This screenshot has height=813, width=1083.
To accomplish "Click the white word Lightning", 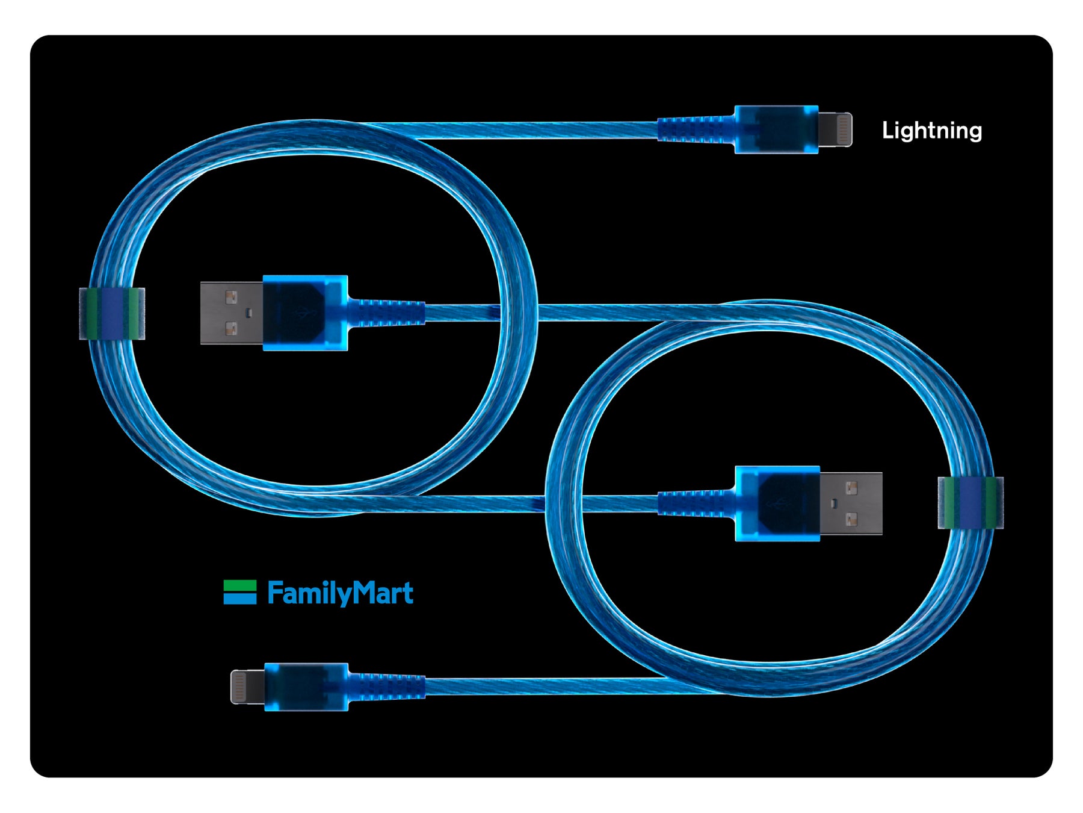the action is (931, 131).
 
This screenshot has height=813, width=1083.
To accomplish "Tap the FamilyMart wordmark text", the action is (340, 593).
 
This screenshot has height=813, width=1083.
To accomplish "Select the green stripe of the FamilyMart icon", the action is (239, 585).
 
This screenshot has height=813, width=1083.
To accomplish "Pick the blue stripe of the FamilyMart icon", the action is (239, 598).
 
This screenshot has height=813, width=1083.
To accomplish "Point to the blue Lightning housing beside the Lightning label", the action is (776, 129).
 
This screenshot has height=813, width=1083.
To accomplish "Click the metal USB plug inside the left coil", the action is (232, 313).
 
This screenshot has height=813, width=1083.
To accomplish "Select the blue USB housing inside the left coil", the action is (305, 313).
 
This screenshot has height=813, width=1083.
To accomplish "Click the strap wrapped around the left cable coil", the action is (112, 314).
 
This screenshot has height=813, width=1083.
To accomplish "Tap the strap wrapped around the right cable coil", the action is (970, 503).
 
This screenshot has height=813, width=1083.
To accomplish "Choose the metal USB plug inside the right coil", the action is (851, 503).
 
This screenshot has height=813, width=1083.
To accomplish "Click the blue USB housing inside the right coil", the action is (777, 503).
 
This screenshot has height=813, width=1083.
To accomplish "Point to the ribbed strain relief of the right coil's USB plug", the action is (696, 503).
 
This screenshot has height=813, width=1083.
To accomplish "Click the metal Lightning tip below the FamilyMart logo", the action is (247, 687).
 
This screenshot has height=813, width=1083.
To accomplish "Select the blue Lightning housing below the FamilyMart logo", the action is (306, 687).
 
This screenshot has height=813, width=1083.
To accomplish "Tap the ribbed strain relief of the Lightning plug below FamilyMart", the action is (387, 687).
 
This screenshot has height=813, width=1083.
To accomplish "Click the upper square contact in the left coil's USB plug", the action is (231, 297).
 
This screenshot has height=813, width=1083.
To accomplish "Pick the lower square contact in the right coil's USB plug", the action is (851, 519).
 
